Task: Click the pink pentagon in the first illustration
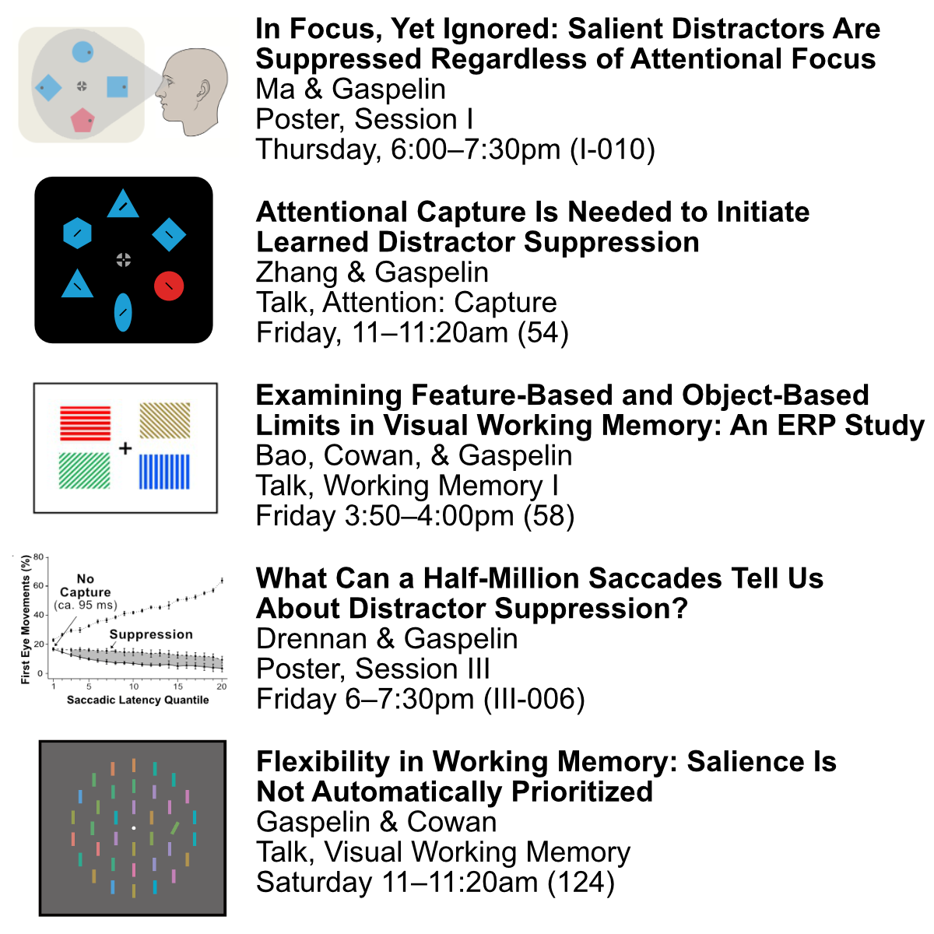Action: point(83,120)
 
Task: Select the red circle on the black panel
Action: point(169,286)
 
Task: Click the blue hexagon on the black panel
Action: point(78,233)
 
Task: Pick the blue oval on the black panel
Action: point(123,312)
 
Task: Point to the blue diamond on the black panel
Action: point(169,234)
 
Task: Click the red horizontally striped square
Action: point(86,423)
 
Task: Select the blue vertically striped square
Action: point(164,472)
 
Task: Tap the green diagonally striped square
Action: point(84,471)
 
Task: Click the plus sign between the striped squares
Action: point(125,448)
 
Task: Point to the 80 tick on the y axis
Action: point(39,557)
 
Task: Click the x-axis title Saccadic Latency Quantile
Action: point(138,700)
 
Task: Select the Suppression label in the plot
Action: point(151,634)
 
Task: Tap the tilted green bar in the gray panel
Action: point(175,828)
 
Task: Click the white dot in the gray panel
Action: point(134,828)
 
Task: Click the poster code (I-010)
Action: point(613,149)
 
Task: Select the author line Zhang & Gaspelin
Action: point(372,272)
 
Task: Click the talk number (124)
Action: point(581,882)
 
